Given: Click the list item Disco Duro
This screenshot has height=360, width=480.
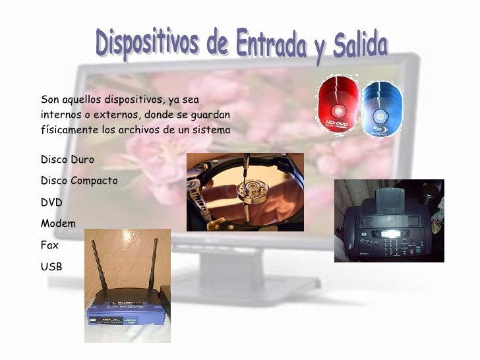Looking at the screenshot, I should tap(67, 160).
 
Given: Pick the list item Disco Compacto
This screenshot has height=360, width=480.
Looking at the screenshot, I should tap(79, 180).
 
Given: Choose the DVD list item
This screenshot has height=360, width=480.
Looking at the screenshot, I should tap(51, 202).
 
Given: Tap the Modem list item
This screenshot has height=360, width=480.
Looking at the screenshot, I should tap(58, 224).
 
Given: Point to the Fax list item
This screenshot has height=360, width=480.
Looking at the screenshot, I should tap(49, 245).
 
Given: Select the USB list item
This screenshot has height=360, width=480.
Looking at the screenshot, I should tap(51, 266).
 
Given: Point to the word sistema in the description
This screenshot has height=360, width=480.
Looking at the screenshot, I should tap(210, 130).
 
